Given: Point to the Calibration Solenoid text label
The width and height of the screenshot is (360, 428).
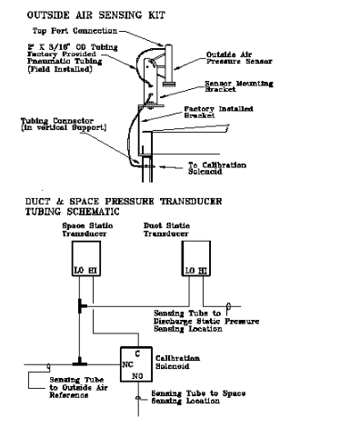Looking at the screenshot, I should point(192,361).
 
